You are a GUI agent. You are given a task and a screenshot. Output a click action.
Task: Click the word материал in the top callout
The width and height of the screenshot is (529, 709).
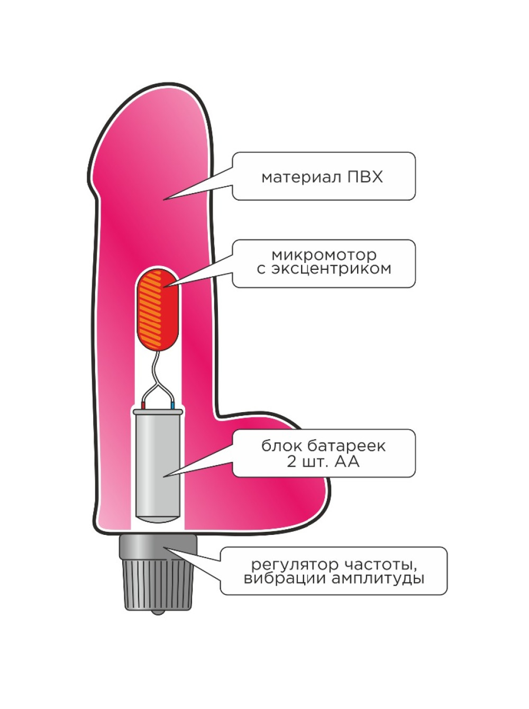click(302, 178)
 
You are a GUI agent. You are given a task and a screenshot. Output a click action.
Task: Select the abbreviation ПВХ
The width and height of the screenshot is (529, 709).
click(365, 177)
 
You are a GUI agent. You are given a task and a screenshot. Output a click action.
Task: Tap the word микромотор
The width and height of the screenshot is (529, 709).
click(324, 255)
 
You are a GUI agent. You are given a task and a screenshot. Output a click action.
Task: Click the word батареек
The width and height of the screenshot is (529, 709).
click(346, 446)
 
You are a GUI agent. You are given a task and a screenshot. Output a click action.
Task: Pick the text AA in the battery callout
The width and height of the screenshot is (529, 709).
click(346, 461)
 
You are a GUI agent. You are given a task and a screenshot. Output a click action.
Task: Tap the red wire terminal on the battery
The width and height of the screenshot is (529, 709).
click(143, 405)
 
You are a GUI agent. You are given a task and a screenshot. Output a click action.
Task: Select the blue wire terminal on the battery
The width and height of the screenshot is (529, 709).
click(172, 405)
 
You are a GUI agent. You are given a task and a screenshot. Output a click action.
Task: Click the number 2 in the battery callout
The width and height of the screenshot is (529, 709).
click(291, 461)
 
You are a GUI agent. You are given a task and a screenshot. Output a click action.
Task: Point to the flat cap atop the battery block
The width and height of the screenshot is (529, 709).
click(158, 412)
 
